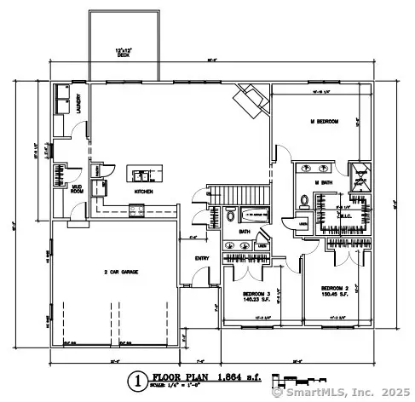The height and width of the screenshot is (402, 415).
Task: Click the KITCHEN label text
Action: [142, 192]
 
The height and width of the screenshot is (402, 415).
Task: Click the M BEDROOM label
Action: [325, 123]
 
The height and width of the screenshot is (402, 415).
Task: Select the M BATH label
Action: [323, 181]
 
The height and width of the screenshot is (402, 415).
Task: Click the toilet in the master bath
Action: [304, 201]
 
